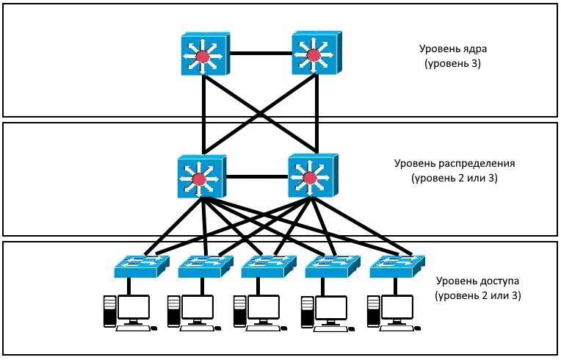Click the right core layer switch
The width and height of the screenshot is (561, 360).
tap(314, 53)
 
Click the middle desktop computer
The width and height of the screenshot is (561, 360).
tap(256, 311)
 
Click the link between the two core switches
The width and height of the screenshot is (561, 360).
tap(260, 54)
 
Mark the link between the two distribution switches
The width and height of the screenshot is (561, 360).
tap(256, 177)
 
